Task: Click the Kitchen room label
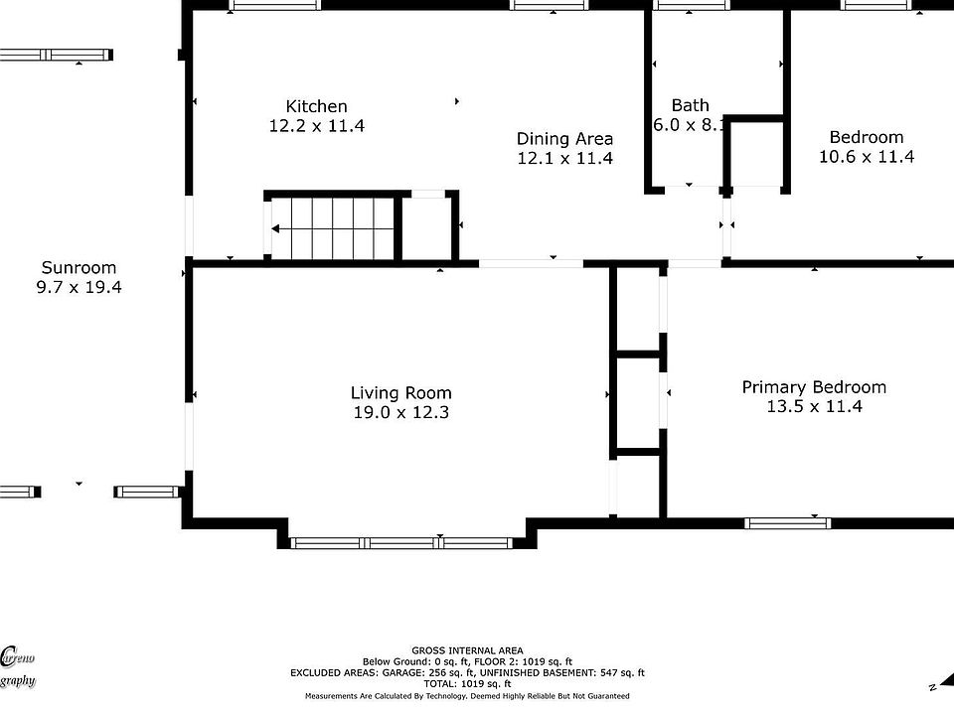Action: pyautogui.click(x=316, y=106)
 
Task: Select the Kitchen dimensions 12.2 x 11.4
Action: pyautogui.click(x=316, y=126)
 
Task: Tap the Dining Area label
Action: pyautogui.click(x=564, y=139)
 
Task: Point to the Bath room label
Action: pyautogui.click(x=690, y=105)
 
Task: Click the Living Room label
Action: pyautogui.click(x=400, y=393)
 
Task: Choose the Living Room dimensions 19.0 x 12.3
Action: pyautogui.click(x=400, y=413)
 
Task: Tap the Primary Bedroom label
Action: pyautogui.click(x=814, y=387)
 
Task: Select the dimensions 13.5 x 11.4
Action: pyautogui.click(x=814, y=406)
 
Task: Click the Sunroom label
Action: pyautogui.click(x=79, y=268)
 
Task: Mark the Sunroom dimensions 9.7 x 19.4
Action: pyautogui.click(x=79, y=287)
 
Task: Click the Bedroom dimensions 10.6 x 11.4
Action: pyautogui.click(x=866, y=157)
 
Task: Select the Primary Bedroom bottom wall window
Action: pyautogui.click(x=787, y=522)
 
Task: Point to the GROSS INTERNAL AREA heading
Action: pyautogui.click(x=466, y=650)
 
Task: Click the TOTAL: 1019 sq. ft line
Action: pyautogui.click(x=466, y=683)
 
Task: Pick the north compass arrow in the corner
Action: pyautogui.click(x=935, y=685)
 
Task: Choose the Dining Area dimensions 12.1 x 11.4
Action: pyautogui.click(x=564, y=159)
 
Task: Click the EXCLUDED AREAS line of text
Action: pyautogui.click(x=466, y=672)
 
